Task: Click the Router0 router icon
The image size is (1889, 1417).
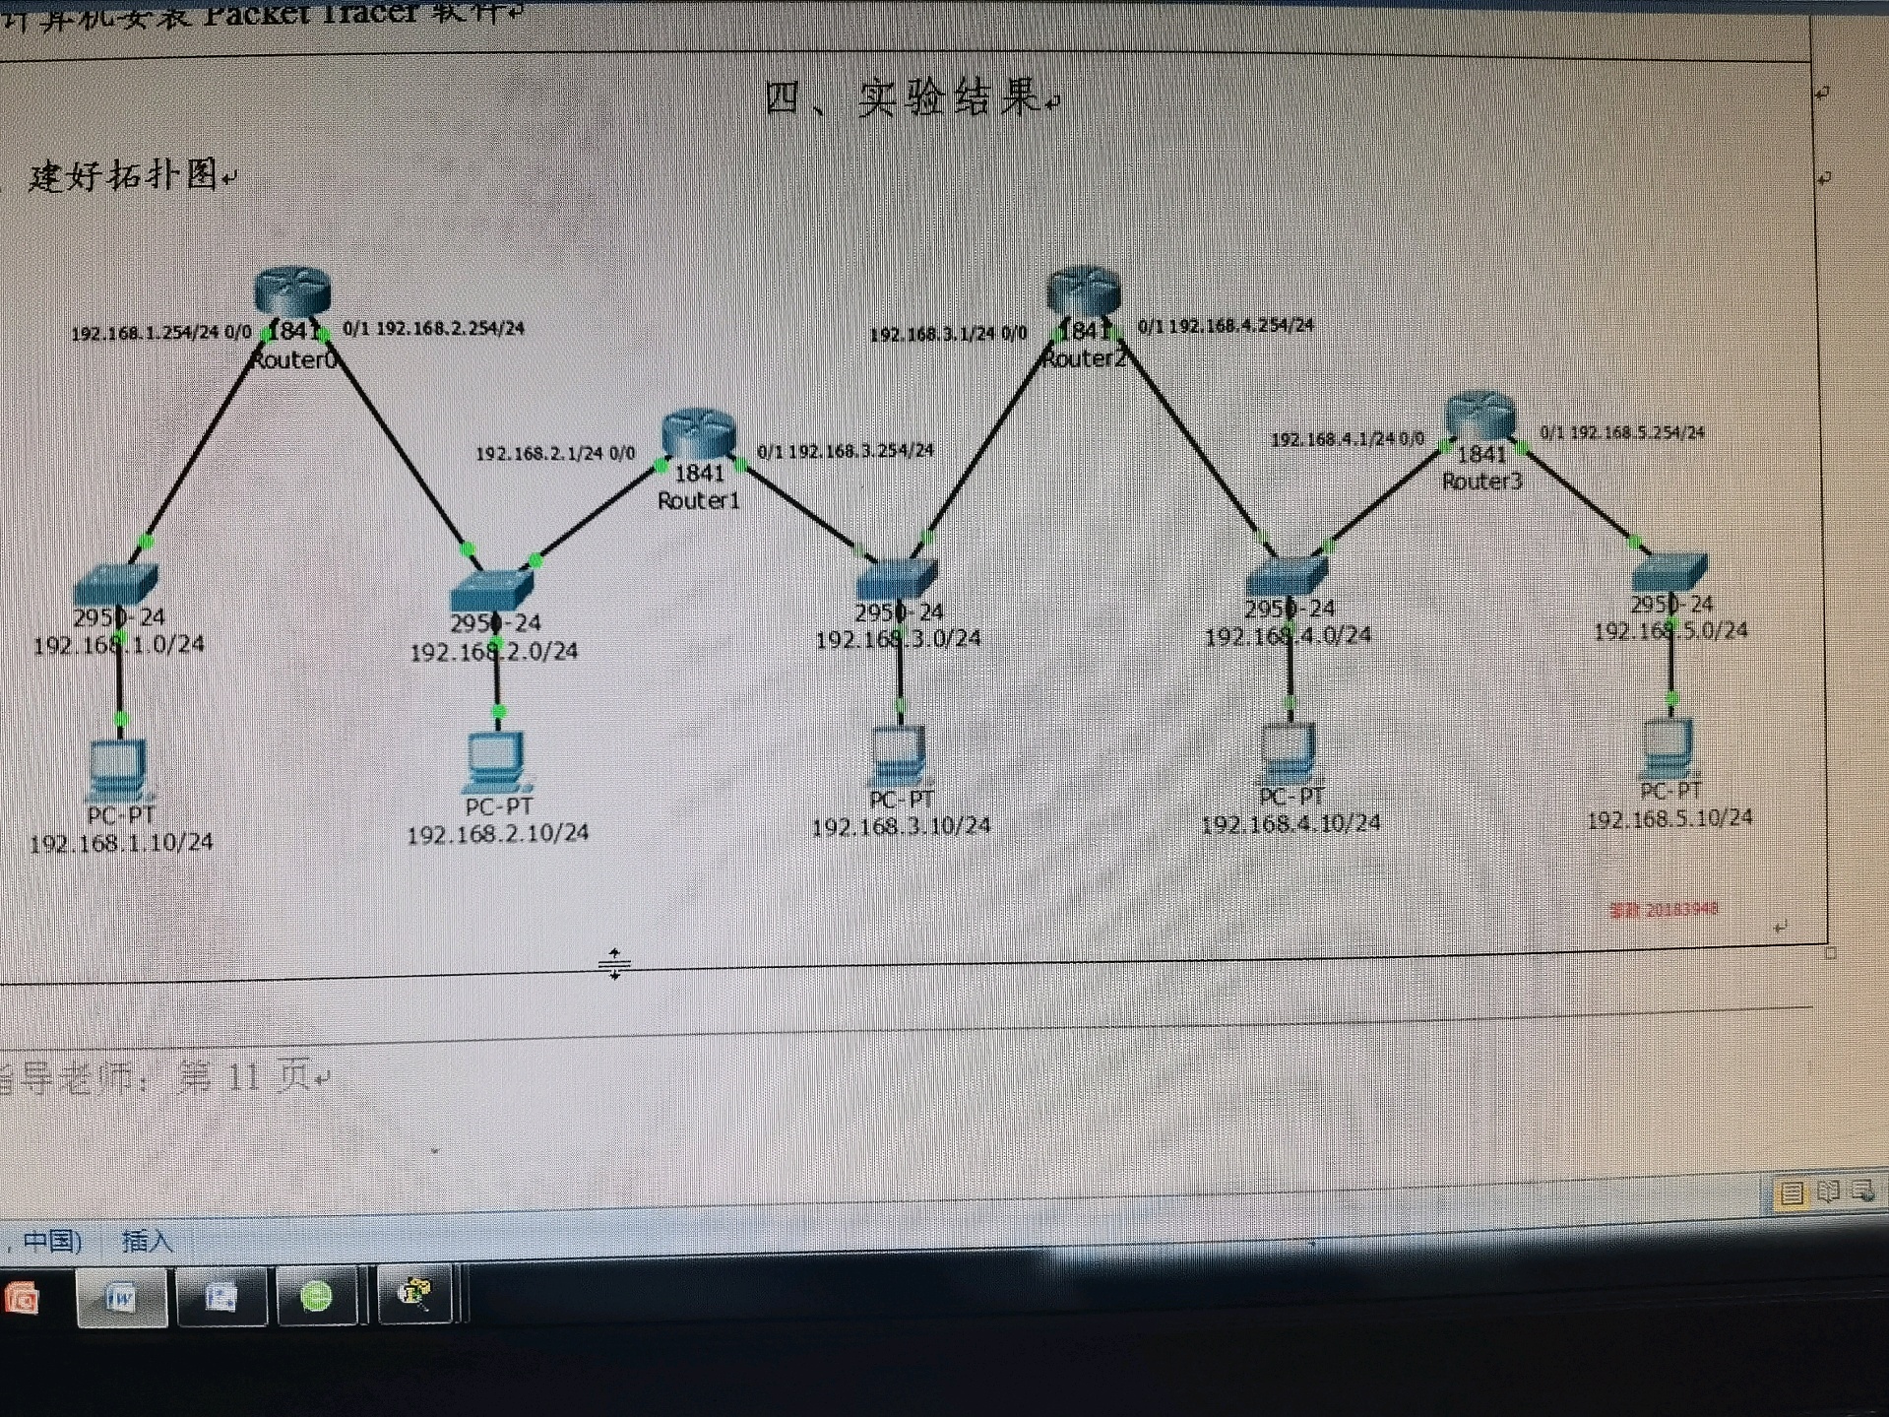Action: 291,290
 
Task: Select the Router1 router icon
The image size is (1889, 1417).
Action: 698,433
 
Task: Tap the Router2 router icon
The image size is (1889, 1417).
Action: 1084,290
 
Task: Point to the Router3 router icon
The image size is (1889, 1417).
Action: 1480,415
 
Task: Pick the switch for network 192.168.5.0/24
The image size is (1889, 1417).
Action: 1669,570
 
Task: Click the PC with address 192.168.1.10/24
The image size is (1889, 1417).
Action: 119,767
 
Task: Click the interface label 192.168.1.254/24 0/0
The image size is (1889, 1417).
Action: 160,333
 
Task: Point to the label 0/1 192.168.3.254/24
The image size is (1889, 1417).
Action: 846,451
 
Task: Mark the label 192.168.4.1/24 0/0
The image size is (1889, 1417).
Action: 1347,439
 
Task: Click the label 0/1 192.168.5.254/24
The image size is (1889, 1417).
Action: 1622,432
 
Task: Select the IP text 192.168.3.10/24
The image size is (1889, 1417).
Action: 901,826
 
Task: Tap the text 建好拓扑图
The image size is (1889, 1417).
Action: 124,175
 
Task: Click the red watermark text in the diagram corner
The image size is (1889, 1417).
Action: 1664,909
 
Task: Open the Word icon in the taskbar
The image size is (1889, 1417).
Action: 121,1298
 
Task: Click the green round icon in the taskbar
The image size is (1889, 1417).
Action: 316,1296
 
